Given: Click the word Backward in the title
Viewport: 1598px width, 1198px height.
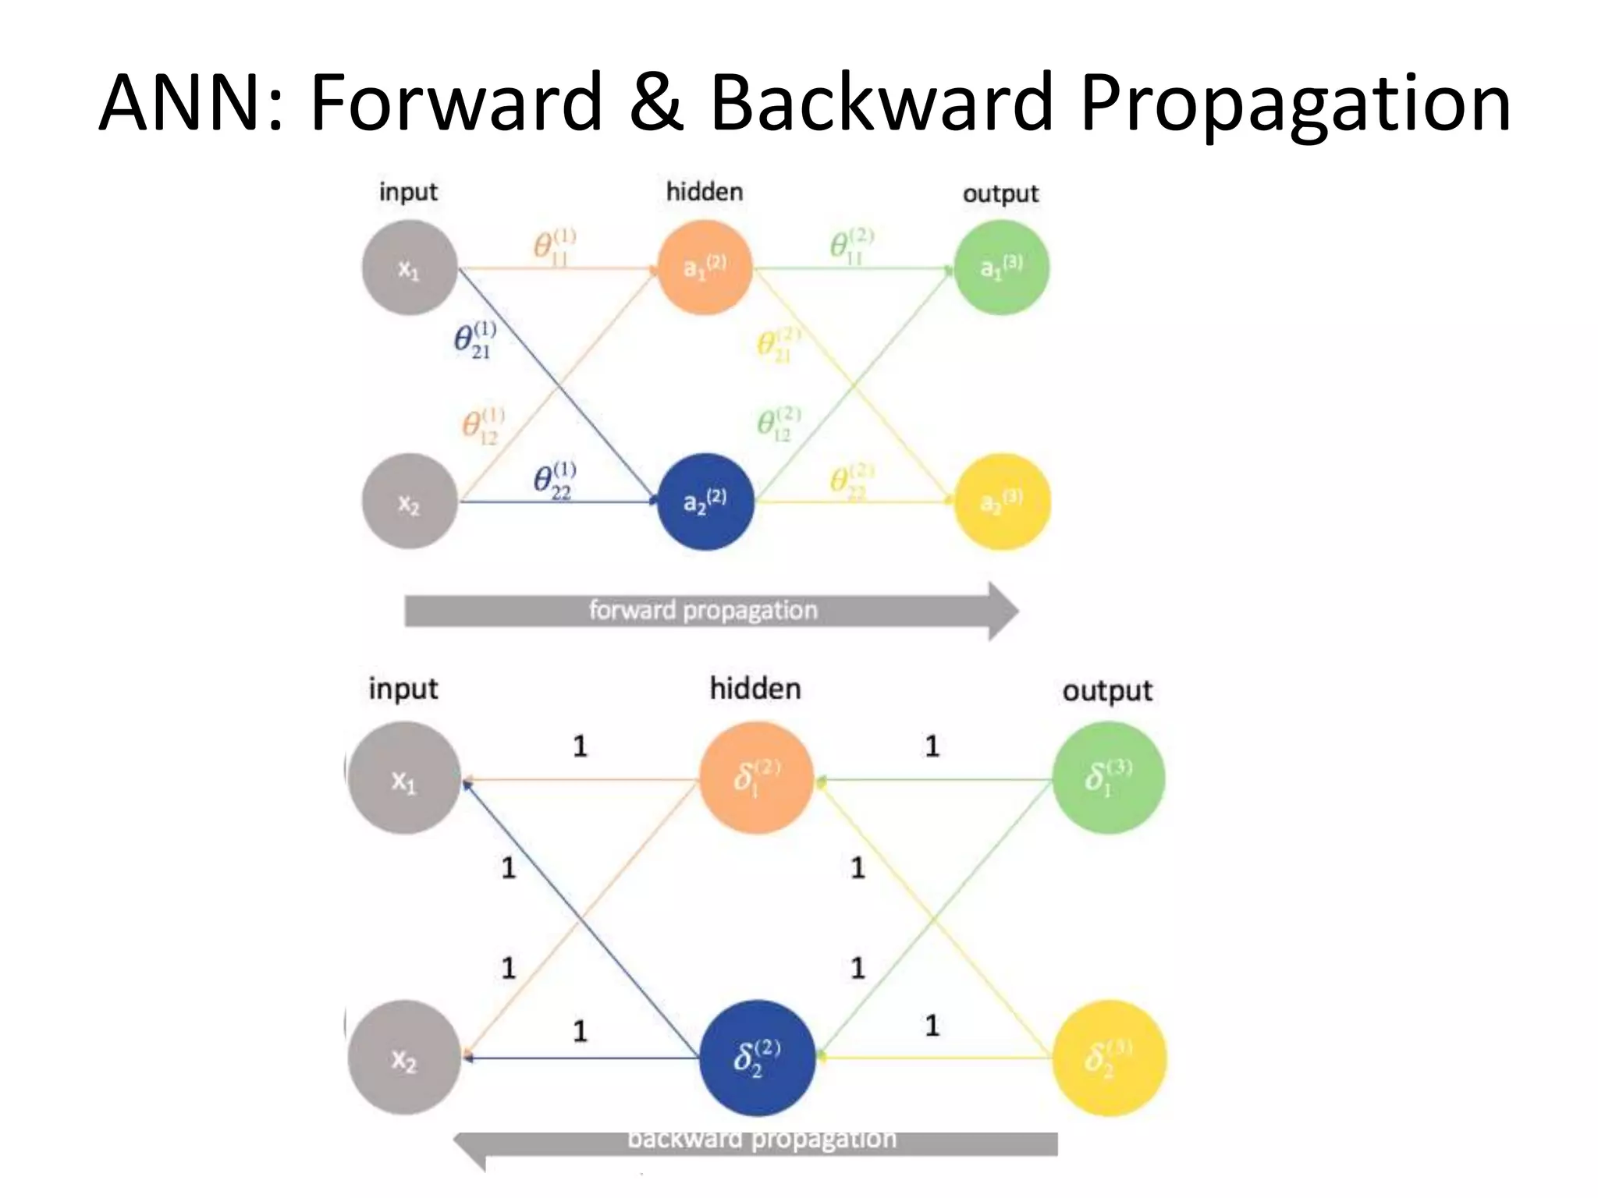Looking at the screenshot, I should tap(882, 103).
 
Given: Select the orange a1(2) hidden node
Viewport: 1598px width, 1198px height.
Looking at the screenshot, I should tap(705, 268).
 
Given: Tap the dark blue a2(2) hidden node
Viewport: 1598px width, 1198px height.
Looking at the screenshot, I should tap(705, 502).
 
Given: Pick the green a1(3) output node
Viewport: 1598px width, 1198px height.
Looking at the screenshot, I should tap(1001, 268).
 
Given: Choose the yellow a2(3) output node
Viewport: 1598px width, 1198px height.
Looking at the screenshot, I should tap(1002, 502).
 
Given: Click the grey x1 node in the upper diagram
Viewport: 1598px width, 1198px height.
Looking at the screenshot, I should tap(409, 268).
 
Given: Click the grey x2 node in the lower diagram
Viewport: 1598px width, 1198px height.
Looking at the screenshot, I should tap(404, 1058).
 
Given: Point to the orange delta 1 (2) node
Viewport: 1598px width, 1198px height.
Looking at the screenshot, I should tap(756, 778).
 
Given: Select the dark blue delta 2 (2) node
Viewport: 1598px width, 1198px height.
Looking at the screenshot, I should tap(756, 1058).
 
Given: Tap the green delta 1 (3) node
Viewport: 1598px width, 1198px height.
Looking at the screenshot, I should tap(1108, 778).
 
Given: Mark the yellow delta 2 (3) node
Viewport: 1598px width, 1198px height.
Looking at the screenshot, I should tap(1108, 1058).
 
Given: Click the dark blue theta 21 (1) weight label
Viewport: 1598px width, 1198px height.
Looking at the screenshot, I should tap(474, 340).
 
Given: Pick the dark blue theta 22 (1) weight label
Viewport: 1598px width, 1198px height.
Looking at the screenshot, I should tap(554, 480).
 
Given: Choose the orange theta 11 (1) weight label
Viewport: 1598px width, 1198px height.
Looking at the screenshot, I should tap(554, 246).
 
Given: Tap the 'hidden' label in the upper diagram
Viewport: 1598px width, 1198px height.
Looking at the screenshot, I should tap(704, 192).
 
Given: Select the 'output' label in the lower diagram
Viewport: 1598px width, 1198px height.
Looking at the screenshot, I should tap(1106, 691).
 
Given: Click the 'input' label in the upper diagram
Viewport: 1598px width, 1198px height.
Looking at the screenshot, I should tap(408, 192).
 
